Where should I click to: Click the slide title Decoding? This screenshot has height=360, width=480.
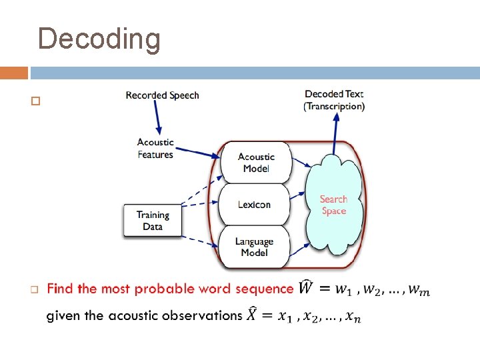coord(99,39)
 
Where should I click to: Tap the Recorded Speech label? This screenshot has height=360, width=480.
coord(162,95)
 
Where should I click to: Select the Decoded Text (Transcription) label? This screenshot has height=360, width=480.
coord(334,100)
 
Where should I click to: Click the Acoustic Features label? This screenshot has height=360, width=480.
coord(155,148)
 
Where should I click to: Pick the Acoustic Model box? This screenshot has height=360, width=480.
coord(256,163)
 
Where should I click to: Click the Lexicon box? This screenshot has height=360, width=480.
coord(254,204)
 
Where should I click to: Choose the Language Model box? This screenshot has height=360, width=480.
coord(254,247)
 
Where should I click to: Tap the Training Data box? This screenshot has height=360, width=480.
coord(153,221)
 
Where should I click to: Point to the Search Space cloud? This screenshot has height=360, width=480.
coord(334,205)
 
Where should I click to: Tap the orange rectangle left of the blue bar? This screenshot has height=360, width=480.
coord(14,73)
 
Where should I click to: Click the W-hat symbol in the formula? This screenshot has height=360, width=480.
coord(306,288)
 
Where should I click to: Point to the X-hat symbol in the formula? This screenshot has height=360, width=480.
coord(252,315)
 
